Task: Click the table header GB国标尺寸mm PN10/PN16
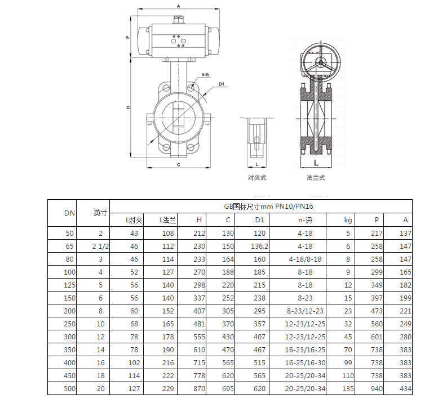tap(260, 206)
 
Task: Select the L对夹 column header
tap(134, 220)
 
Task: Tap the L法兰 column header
tap(168, 220)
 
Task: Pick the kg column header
tap(348, 220)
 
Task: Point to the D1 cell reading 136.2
tap(259, 246)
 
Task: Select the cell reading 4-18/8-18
tap(305, 259)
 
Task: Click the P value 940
tap(377, 388)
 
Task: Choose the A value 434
tap(405, 388)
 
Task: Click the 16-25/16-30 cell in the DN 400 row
tap(305, 362)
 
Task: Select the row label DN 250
tap(69, 324)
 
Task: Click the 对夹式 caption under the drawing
tap(257, 178)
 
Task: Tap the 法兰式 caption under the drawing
tap(316, 178)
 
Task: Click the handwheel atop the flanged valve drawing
tap(317, 61)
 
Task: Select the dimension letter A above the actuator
tap(178, 6)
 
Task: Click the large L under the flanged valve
tap(316, 162)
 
